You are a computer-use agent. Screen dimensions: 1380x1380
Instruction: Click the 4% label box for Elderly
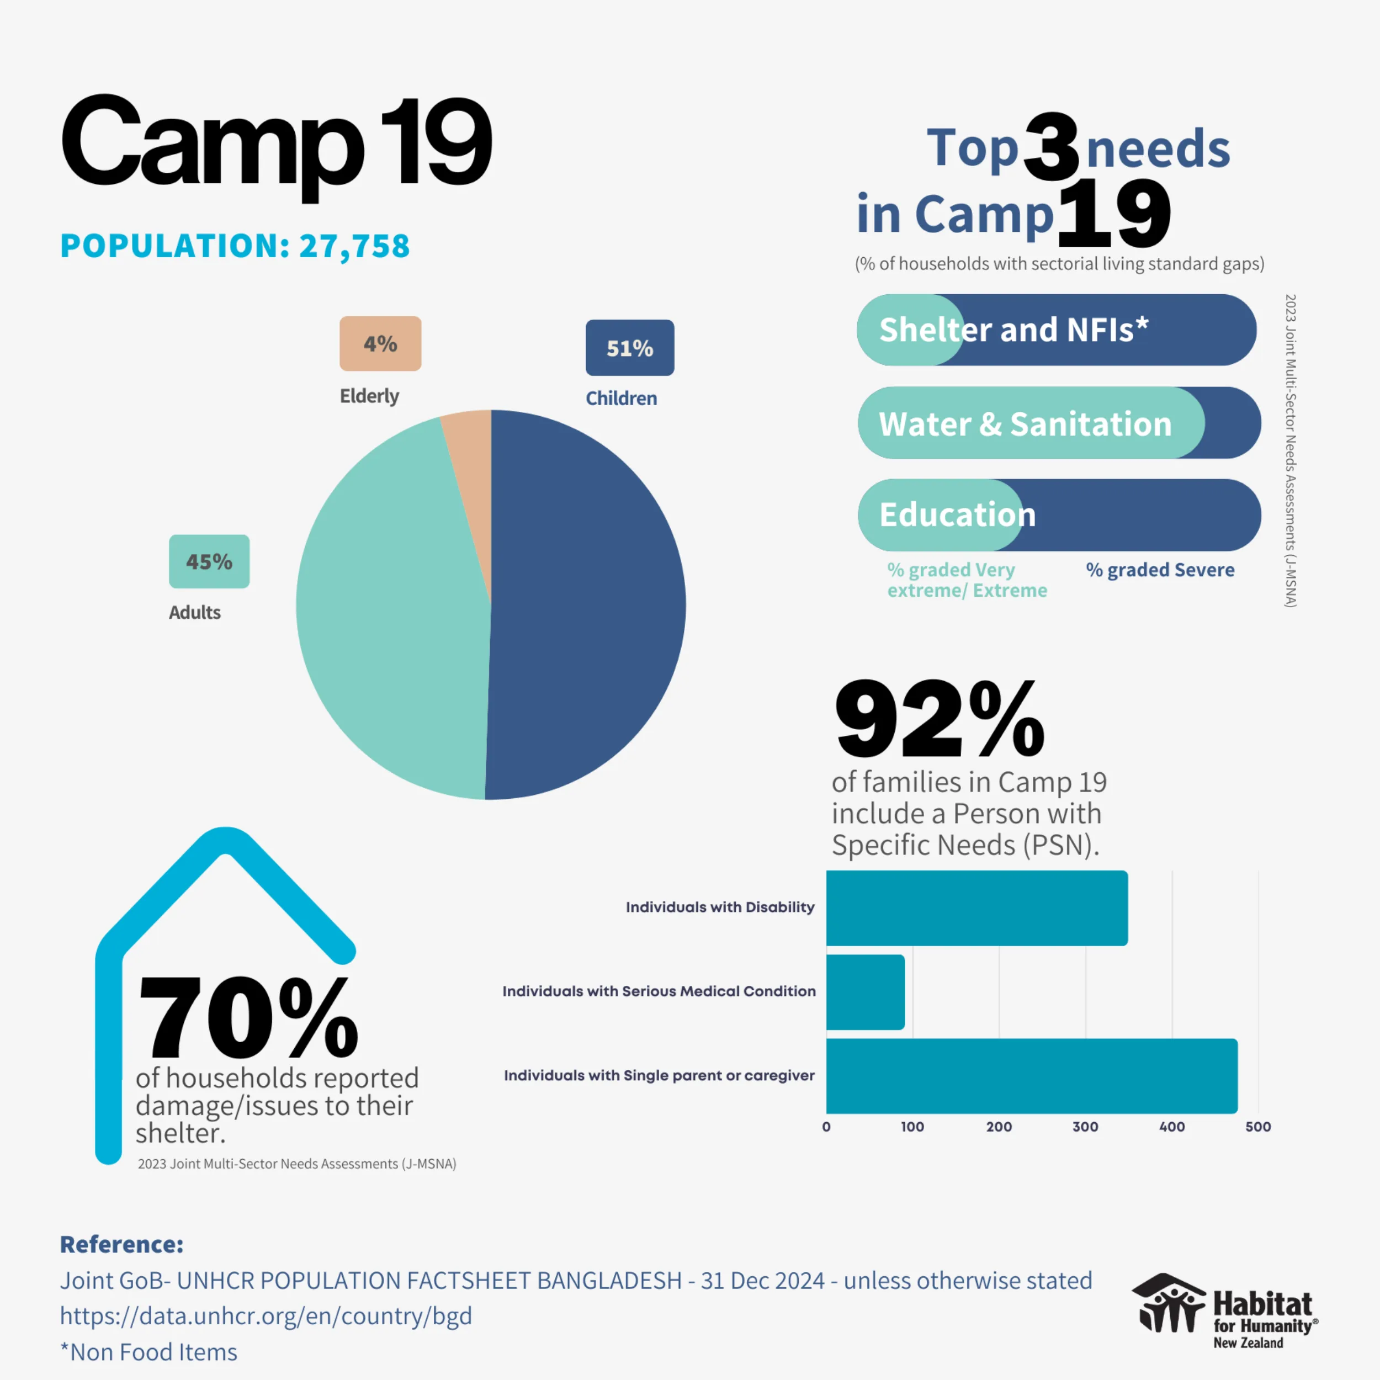coord(380,343)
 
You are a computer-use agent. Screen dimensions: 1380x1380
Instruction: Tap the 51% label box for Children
coord(629,348)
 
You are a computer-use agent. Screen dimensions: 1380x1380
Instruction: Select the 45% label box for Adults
coord(209,561)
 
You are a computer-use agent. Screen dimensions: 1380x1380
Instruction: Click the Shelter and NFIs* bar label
coord(1013,330)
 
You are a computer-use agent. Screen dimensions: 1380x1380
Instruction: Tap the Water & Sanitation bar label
coord(1025,423)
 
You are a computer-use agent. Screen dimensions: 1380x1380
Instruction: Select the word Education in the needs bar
coord(957,514)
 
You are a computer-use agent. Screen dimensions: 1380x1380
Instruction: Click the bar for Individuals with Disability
coord(976,908)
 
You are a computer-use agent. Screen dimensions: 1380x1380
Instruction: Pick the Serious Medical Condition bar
coord(865,992)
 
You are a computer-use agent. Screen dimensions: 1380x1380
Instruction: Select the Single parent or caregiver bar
coord(1032,1076)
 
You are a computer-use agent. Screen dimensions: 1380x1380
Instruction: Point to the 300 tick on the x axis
coord(1085,1127)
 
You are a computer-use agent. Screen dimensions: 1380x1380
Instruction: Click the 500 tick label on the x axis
coord(1258,1127)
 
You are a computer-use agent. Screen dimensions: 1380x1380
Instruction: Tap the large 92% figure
coord(940,720)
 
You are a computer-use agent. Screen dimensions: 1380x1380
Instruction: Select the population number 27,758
coord(354,246)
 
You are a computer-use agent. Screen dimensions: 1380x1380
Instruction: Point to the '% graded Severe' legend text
coord(1160,570)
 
